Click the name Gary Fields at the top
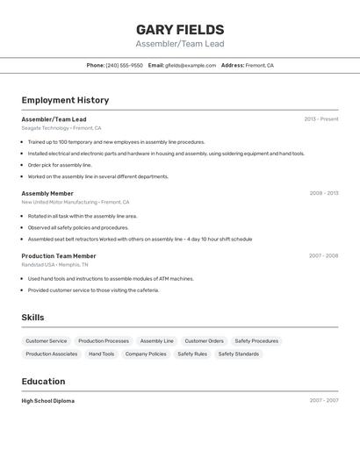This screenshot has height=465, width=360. [180, 30]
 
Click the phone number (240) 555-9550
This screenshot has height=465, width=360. [124, 65]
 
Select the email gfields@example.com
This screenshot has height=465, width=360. [191, 65]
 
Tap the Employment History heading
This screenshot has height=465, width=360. [65, 100]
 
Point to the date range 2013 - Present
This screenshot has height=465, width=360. [321, 119]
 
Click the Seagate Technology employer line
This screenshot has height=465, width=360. [61, 128]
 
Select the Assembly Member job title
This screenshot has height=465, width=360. [47, 193]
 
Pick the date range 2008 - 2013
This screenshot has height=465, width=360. [323, 193]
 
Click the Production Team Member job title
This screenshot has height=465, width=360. [59, 256]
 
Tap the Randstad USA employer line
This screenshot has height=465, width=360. [54, 264]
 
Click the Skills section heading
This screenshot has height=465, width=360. [32, 318]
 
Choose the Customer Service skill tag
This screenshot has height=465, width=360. [46, 340]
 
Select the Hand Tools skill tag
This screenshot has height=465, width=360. [101, 354]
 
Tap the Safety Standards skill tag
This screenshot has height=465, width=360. [238, 354]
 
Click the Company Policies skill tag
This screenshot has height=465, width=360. [146, 354]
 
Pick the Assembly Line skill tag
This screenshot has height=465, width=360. [156, 340]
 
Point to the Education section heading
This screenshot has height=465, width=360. [43, 382]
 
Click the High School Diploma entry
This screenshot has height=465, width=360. [47, 401]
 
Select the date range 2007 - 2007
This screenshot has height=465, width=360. [323, 401]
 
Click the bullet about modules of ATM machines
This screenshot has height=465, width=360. [111, 278]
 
